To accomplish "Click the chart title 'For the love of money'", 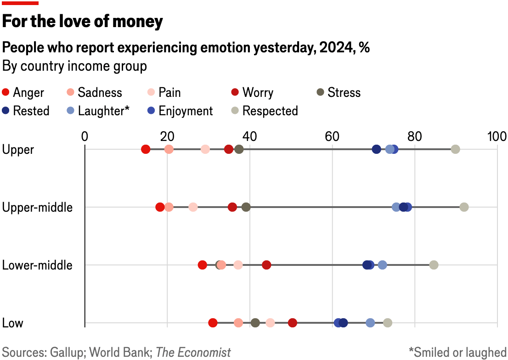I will coord(83,22).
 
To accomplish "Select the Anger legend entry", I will coord(23,93).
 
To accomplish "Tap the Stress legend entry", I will coord(339,93).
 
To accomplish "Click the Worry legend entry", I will coord(252,93).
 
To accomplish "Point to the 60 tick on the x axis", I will coord(332,136).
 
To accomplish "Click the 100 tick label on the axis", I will coord(497,136).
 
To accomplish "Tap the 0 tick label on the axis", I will coord(85,136).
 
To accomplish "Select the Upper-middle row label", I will coord(38,207).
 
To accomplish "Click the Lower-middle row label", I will coord(38,265).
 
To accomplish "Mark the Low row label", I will coord(13,323).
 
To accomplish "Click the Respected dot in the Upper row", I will coord(455,149).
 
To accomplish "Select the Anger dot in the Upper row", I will coord(146,149).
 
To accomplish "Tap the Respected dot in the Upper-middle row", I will coord(464,207).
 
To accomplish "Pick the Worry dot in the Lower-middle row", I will coord(266,265).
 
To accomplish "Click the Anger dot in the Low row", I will coord(213,323).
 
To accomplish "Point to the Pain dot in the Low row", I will coord(270,323).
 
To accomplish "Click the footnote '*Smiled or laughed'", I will coord(457,352).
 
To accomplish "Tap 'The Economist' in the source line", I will coord(193,352).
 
